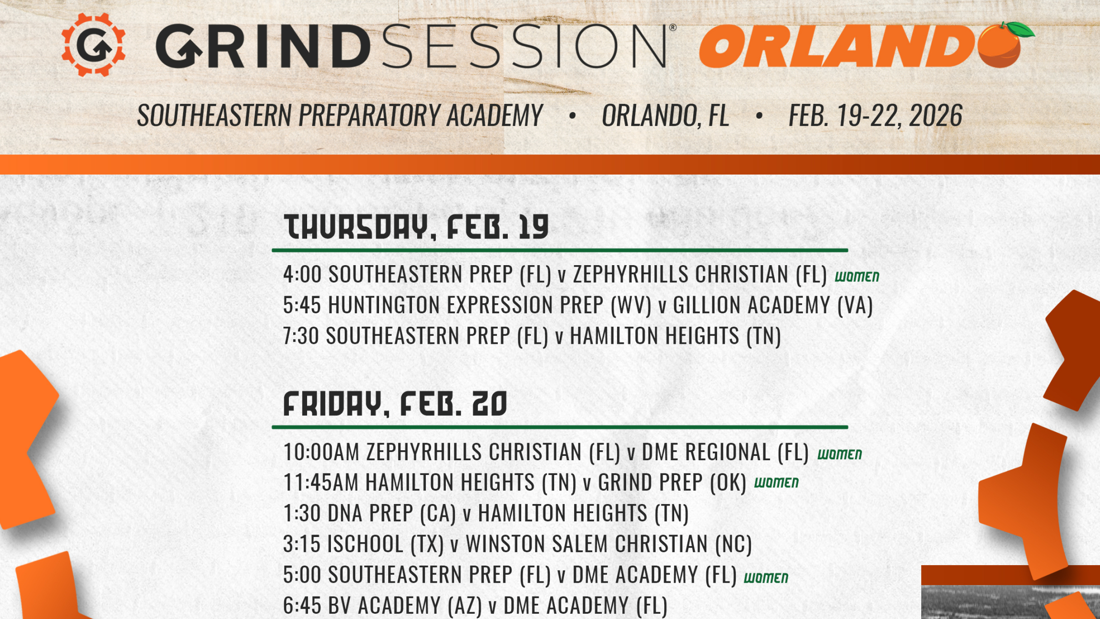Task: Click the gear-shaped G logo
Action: coord(93,44)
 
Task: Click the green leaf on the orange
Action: coord(1018,30)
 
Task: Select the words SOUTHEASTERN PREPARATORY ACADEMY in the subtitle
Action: coord(339,115)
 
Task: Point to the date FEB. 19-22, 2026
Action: coord(875,115)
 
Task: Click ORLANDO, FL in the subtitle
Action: coord(665,115)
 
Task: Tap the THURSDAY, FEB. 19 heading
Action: coord(416,227)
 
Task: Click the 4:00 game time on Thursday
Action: coord(302,274)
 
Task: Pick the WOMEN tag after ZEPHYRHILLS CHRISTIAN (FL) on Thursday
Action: coord(857,277)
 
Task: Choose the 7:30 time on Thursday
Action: coord(301,336)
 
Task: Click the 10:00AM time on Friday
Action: coord(321,452)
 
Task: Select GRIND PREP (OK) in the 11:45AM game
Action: coord(672,483)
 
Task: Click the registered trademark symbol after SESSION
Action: coord(673,28)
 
